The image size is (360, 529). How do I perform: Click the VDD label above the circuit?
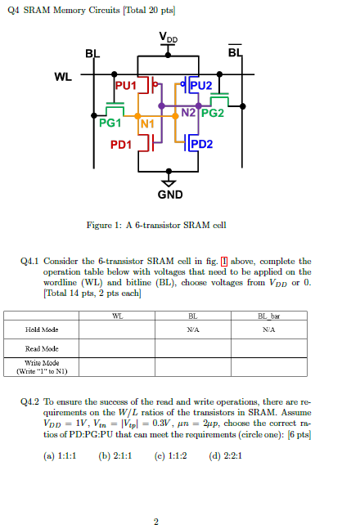point(169,38)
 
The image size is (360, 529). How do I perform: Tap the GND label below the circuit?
point(169,195)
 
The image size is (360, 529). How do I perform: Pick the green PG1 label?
point(110,123)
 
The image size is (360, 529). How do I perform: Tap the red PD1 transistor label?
point(121,145)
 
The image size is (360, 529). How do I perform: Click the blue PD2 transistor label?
point(200,145)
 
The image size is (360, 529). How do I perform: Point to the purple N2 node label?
point(187,111)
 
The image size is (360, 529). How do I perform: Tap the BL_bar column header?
point(267,315)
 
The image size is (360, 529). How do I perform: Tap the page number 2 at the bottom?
point(155,521)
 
